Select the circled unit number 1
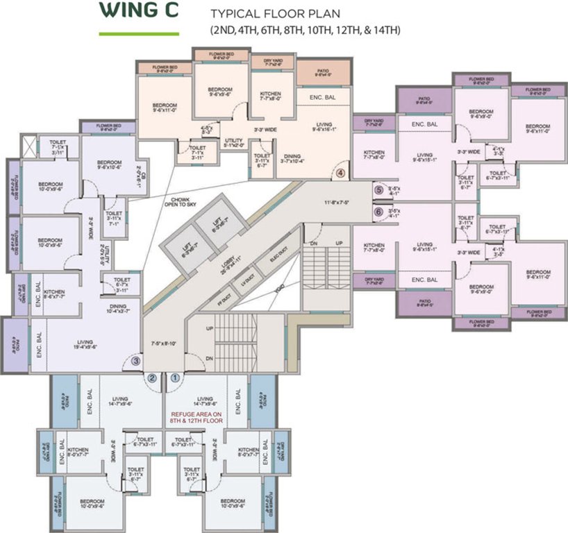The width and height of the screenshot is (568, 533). tap(175, 378)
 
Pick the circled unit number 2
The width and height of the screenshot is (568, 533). tap(152, 378)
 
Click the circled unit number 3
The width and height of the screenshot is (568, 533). tap(136, 360)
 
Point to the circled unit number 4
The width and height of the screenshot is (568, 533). tap(341, 173)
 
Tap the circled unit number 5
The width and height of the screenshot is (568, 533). tap(378, 189)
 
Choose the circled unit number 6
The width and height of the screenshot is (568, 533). tap(378, 212)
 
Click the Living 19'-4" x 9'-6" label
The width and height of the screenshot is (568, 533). tap(86, 345)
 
